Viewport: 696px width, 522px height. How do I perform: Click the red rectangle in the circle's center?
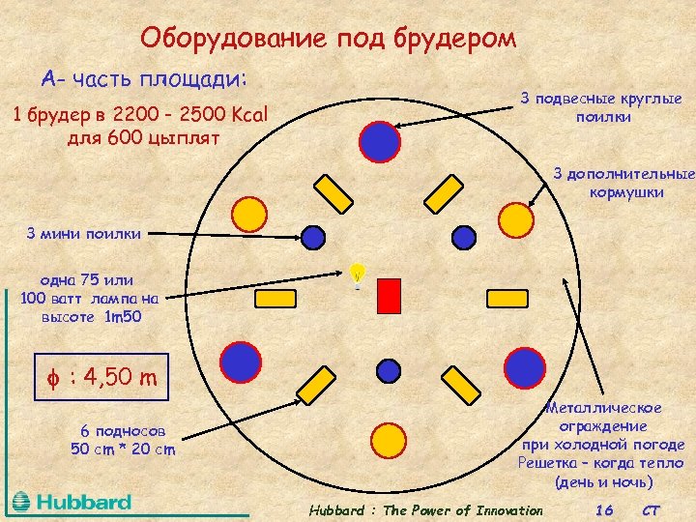(x=389, y=296)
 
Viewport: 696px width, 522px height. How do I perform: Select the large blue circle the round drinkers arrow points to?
(x=379, y=141)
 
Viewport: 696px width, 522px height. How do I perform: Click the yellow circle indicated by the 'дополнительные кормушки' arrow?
(x=515, y=219)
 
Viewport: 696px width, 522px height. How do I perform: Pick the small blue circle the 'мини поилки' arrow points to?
(x=313, y=235)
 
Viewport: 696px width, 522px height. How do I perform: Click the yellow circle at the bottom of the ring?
(x=389, y=443)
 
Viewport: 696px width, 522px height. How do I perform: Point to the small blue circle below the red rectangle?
(x=389, y=370)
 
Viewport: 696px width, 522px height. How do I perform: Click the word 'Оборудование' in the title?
(x=236, y=38)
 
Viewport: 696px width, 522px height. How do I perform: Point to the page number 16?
(x=605, y=509)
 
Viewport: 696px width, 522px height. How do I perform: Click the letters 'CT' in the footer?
(x=650, y=509)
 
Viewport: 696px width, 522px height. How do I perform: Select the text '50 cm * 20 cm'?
(x=123, y=449)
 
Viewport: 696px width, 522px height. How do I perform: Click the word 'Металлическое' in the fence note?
(x=603, y=408)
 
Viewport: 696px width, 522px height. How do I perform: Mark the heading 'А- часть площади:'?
(x=143, y=77)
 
